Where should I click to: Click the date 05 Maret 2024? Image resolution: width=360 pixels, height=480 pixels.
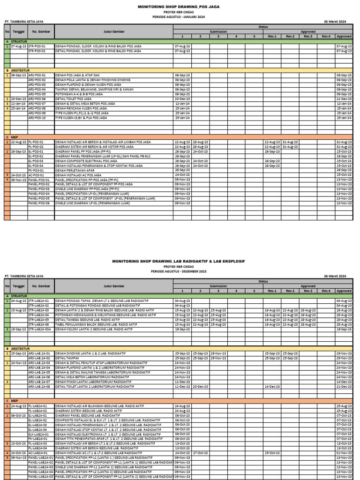point(338,22)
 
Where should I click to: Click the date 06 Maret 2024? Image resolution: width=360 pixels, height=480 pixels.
point(338,276)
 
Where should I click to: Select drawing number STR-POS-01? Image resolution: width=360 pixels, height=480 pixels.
point(37,46)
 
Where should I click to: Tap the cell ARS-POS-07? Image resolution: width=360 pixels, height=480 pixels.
point(37,104)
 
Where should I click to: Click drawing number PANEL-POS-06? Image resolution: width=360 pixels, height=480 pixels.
point(39,203)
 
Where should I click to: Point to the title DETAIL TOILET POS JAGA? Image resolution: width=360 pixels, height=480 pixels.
point(73,99)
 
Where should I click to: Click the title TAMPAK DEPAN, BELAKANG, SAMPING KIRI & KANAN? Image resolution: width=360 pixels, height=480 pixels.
point(94,89)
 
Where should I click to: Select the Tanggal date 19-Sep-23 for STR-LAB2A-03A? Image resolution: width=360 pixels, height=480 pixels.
point(18,329)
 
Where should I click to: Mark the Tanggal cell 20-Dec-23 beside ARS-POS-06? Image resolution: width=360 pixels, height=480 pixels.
point(18,99)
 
